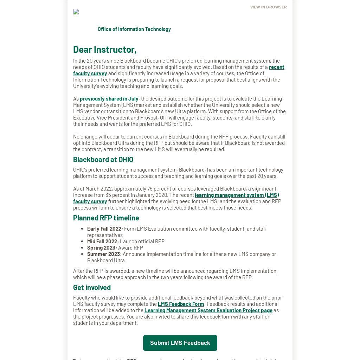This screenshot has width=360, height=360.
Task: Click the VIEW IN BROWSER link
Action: (x=268, y=7)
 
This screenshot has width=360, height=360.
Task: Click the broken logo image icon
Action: (x=76, y=12)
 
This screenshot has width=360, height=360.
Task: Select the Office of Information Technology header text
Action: (x=134, y=29)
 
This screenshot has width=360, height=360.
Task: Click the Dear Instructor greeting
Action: (x=104, y=49)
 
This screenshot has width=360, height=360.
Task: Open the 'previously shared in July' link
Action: (x=109, y=99)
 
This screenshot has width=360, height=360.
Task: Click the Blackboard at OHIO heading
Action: (x=103, y=159)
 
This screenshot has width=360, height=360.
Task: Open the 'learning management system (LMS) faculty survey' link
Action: (x=237, y=195)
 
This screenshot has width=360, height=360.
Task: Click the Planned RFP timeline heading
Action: (x=106, y=218)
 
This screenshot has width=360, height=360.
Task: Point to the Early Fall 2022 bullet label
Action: (x=105, y=229)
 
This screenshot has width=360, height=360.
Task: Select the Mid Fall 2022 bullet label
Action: (x=103, y=242)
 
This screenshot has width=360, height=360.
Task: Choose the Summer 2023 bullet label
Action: (x=104, y=254)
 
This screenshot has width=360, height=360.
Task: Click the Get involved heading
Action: (x=92, y=287)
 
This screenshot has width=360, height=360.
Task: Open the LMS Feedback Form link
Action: (x=181, y=304)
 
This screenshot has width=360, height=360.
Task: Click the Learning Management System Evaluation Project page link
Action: (x=208, y=310)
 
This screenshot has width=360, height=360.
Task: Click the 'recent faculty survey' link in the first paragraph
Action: (x=276, y=67)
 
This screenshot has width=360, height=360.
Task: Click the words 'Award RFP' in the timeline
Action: (x=130, y=248)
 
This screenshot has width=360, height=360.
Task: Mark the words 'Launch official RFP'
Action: (x=142, y=242)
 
